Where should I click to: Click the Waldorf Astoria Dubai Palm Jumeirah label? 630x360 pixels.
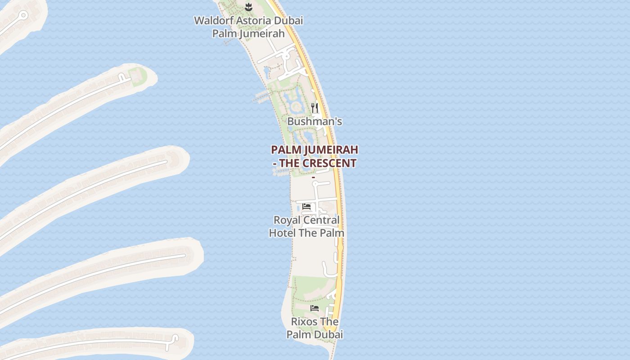(248, 27)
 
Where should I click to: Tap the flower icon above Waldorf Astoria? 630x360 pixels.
(248, 6)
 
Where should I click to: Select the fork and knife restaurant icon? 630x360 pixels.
(315, 108)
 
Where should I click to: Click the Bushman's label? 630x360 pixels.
(315, 121)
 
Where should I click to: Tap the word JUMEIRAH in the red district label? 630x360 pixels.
(331, 149)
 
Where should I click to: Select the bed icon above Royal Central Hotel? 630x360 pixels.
(306, 207)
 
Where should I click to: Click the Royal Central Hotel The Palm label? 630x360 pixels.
(306, 226)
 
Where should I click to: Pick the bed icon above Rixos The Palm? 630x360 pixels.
(315, 308)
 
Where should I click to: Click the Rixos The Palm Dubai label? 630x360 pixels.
(315, 328)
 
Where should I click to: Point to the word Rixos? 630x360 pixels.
(304, 322)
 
